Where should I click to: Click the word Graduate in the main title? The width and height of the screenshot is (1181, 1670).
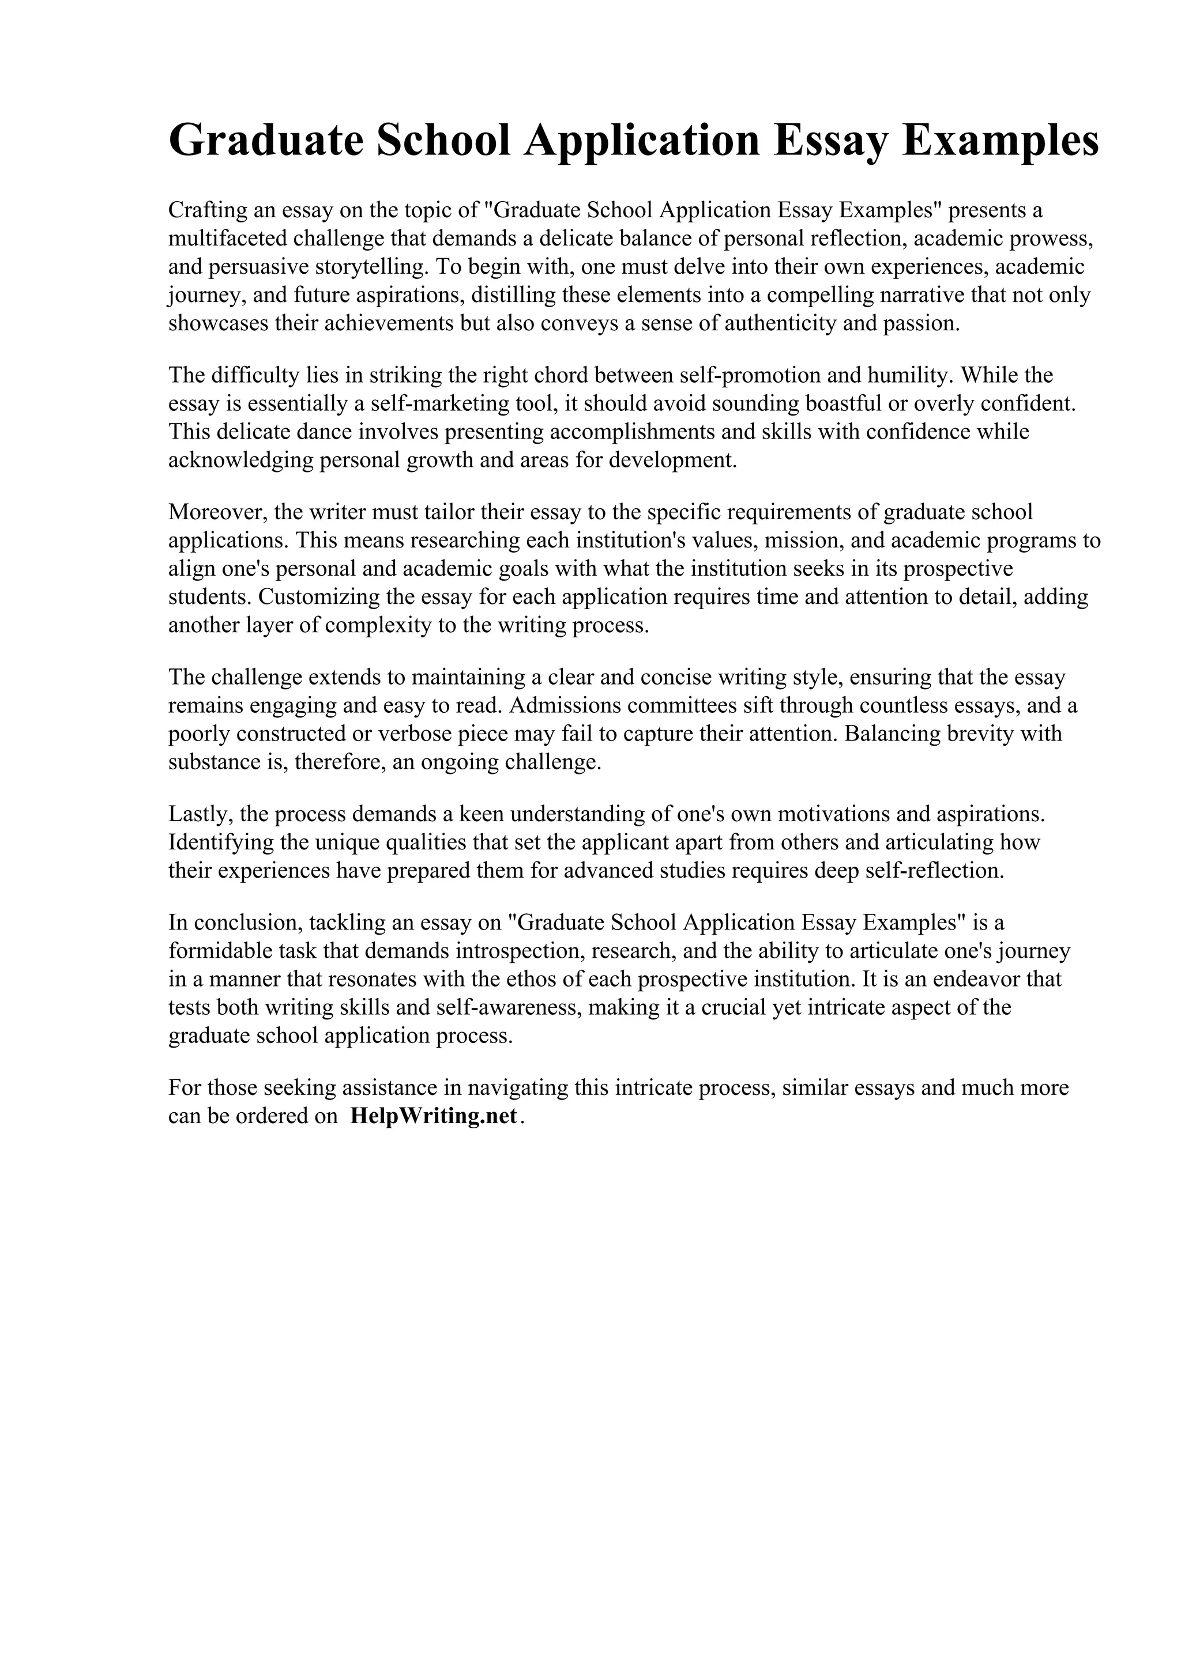click(266, 141)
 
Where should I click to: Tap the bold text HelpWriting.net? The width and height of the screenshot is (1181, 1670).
click(434, 1116)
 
